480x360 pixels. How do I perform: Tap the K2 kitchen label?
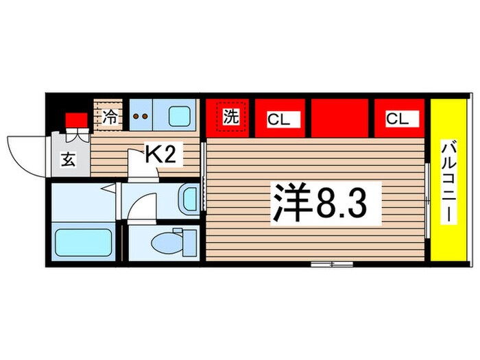[x=162, y=154]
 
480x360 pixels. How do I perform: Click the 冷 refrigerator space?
[x=109, y=116]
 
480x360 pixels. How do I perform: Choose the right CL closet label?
[x=402, y=119]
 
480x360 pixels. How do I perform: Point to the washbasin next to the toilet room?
[x=187, y=199]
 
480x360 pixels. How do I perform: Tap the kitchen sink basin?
[x=180, y=116]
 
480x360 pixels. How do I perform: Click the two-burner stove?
[x=140, y=116]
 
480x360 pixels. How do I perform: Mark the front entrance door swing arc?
[x=26, y=152]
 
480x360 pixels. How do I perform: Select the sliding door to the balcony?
[x=428, y=199]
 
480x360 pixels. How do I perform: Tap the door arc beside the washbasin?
[x=143, y=206]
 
